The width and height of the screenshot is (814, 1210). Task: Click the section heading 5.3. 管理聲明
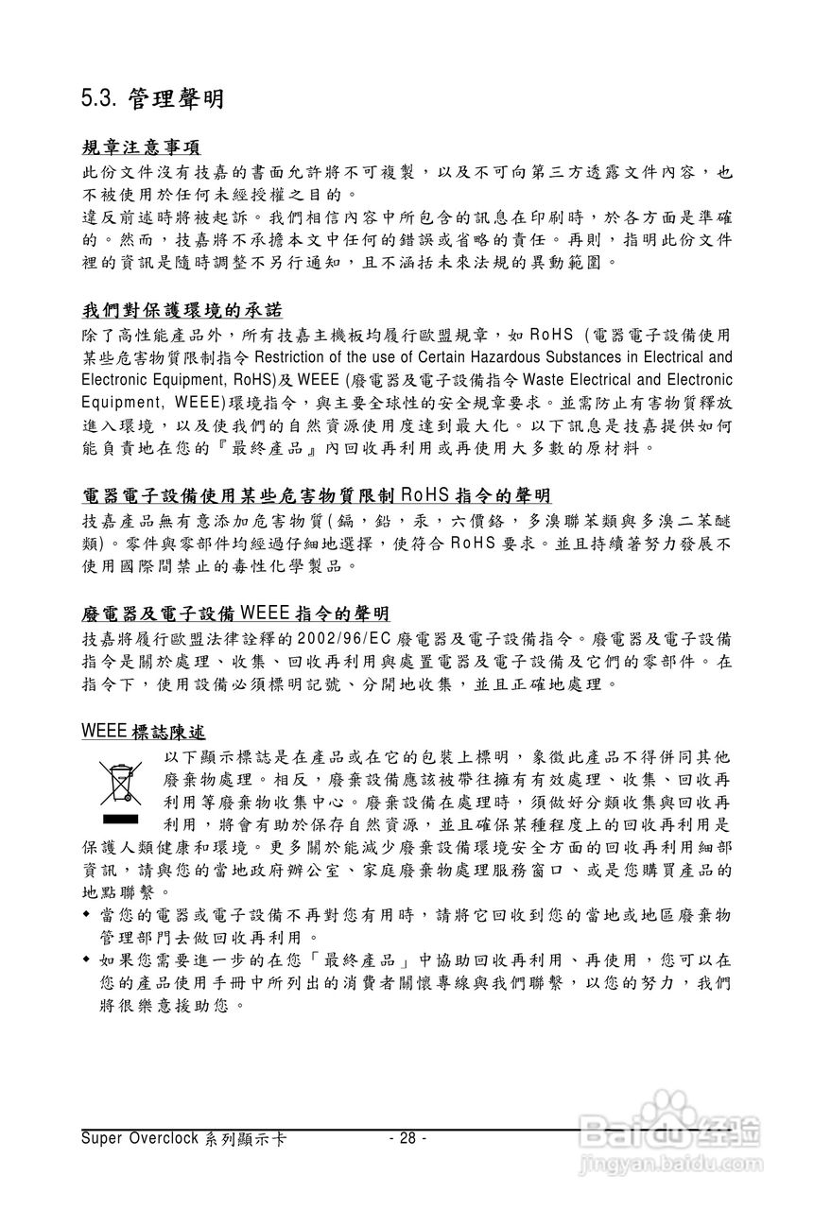click(152, 95)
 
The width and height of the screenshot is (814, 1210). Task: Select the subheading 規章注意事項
click(141, 147)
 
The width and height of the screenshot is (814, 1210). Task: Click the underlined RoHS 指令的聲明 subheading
click(317, 495)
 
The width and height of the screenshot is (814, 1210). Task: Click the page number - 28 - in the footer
click(407, 1137)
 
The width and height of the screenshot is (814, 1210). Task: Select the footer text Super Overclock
click(139, 1138)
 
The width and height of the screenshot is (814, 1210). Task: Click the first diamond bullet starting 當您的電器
click(87, 915)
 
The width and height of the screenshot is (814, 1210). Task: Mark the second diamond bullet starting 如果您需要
click(87, 959)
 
